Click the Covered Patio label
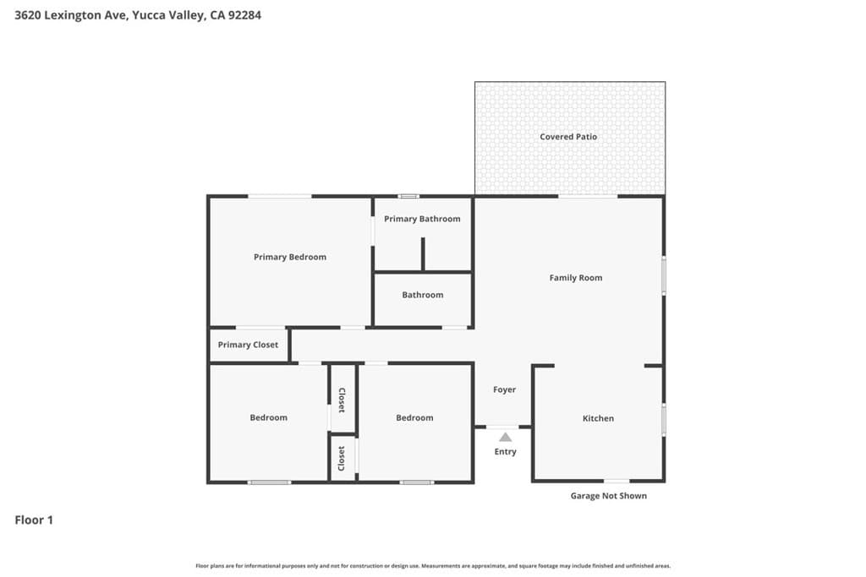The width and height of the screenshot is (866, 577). click(x=568, y=137)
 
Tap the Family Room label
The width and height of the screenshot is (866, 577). click(x=575, y=278)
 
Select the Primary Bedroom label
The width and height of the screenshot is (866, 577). click(x=289, y=257)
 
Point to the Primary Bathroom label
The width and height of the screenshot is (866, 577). click(x=422, y=219)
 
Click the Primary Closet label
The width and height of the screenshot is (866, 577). click(x=248, y=345)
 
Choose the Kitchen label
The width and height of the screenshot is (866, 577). click(x=598, y=418)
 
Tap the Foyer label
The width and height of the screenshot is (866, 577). click(x=504, y=389)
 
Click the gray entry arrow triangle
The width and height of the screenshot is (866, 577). click(x=505, y=437)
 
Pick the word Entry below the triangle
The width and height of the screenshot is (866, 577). click(x=505, y=452)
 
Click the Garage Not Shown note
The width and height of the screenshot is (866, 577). click(x=608, y=496)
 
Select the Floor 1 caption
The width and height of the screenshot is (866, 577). click(x=34, y=520)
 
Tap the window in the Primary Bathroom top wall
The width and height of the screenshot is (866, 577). click(x=408, y=197)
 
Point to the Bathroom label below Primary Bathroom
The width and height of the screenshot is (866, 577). click(x=422, y=295)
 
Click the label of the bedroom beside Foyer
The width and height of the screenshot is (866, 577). click(x=414, y=417)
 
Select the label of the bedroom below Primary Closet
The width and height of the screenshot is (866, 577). click(x=268, y=417)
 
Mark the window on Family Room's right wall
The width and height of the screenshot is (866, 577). click(x=664, y=275)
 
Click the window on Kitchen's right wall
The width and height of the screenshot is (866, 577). click(x=664, y=420)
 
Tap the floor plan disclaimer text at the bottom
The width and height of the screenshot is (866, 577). click(x=433, y=566)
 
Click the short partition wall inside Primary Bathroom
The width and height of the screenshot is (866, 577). click(x=423, y=254)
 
